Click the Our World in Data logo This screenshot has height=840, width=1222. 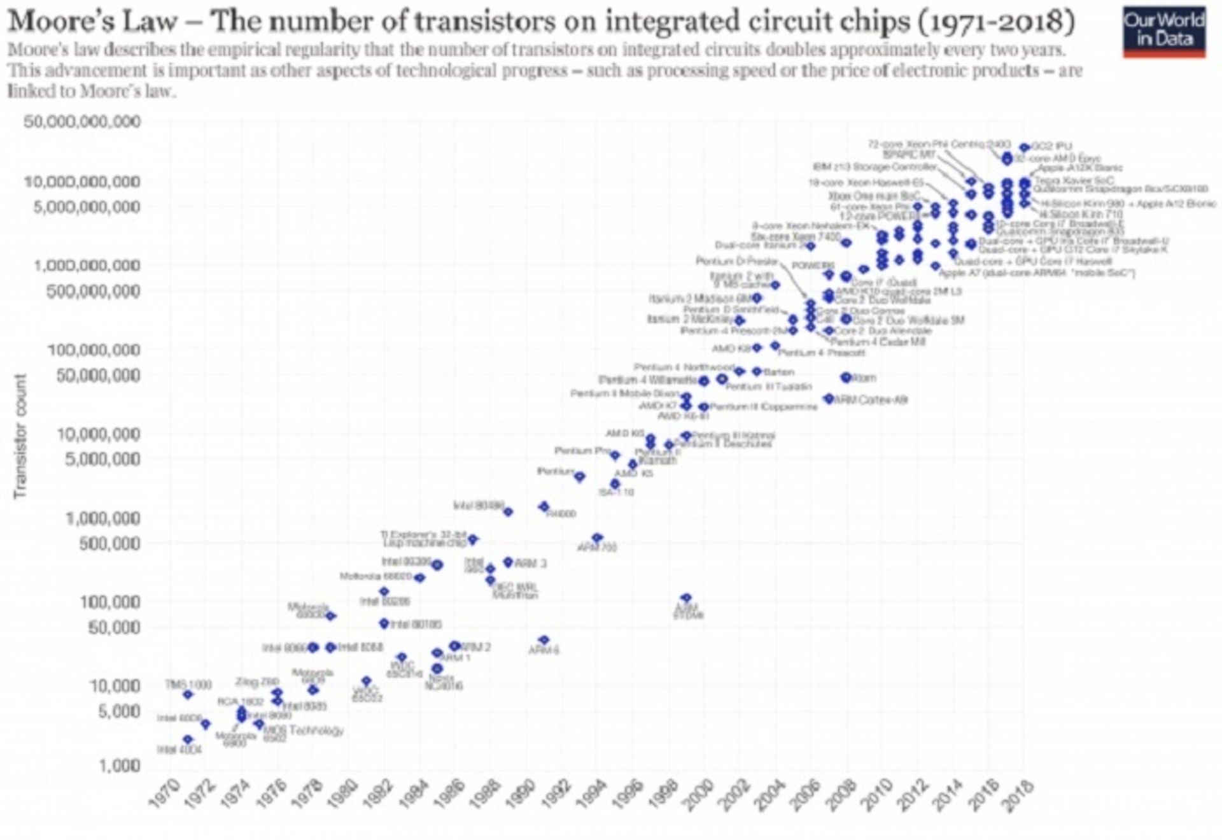click(1163, 31)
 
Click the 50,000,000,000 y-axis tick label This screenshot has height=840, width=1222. click(82, 122)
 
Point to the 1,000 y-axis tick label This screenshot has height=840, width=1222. click(119, 765)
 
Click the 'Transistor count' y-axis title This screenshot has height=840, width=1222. click(20, 436)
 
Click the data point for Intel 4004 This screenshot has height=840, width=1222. click(187, 739)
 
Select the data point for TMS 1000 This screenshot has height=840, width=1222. click(187, 694)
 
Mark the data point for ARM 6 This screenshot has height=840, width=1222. click(544, 640)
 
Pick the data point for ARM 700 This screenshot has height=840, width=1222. click(597, 538)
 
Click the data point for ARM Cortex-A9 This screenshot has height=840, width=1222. click(828, 399)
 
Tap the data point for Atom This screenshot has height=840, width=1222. click(846, 378)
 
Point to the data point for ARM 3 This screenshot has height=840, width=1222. click(508, 562)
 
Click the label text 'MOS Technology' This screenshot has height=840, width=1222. click(304, 730)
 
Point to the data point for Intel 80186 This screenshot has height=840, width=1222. click(384, 623)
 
